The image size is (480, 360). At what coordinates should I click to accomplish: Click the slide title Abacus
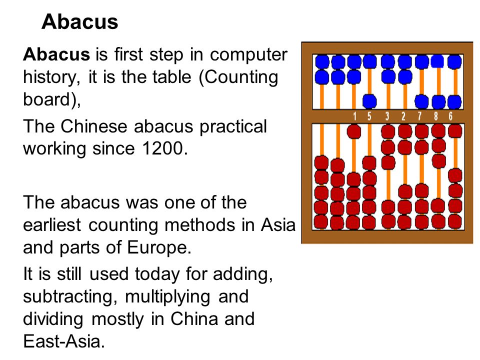tap(80, 22)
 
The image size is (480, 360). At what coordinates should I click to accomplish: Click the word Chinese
tap(95, 126)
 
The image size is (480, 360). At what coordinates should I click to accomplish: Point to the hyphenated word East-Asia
tap(64, 341)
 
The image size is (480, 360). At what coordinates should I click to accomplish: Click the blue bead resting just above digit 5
tap(369, 101)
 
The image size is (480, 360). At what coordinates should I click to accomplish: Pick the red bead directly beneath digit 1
tap(354, 131)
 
